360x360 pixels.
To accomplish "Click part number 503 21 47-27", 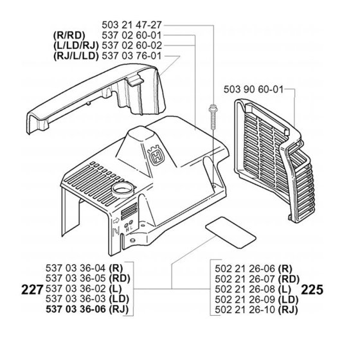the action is click(132, 25).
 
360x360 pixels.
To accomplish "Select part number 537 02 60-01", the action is click(132, 35).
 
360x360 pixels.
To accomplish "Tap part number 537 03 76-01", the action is click(132, 56).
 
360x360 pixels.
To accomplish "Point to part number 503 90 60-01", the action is click(253, 89).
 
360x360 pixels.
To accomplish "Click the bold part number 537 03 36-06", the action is click(76, 309).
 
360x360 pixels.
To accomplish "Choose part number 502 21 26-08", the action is click(245, 289).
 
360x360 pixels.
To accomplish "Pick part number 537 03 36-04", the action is click(76, 268).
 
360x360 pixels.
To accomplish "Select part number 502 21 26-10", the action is click(245, 310).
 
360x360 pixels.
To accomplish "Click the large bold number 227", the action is click(32, 290).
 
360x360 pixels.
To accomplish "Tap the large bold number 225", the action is click(312, 290).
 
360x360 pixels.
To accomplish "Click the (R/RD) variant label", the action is click(69, 35).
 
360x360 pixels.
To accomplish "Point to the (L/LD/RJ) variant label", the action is click(76, 46).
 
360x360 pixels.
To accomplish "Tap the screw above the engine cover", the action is click(213, 116).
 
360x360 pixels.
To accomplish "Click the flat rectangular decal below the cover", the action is click(231, 232).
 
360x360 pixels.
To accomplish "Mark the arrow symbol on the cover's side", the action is click(116, 221).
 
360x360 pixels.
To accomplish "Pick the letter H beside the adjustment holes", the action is click(127, 229).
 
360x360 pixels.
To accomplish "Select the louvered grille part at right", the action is click(274, 161).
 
